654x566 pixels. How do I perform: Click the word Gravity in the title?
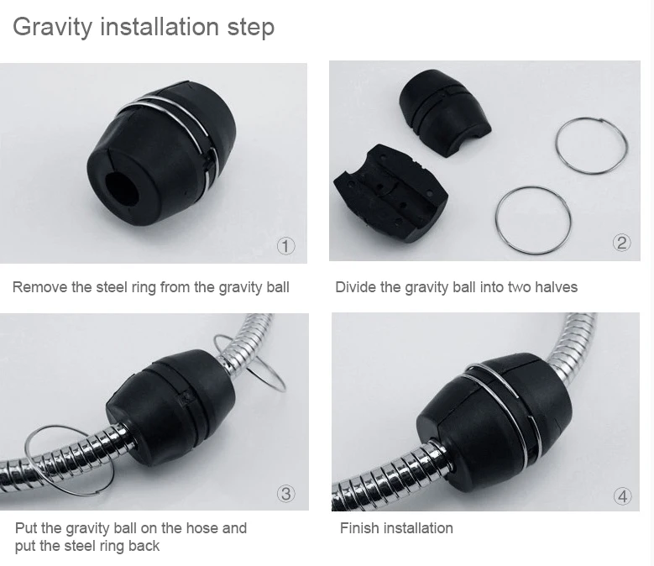(52, 27)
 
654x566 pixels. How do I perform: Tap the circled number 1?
(285, 246)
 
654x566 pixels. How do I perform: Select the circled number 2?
(621, 243)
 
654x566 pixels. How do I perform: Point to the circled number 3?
(285, 494)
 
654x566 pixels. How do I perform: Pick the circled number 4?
(622, 496)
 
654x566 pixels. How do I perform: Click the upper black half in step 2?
(445, 113)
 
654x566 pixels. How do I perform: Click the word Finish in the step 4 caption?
(359, 528)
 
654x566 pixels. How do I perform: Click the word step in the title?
(251, 28)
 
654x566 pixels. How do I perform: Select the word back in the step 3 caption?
(144, 546)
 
